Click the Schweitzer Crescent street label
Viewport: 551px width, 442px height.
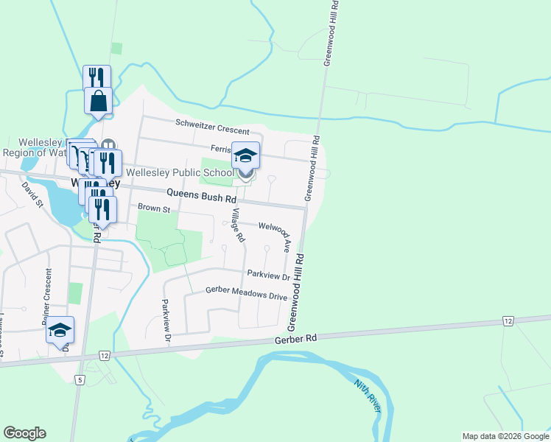pyautogui.click(x=212, y=127)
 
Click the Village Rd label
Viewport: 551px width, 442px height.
pyautogui.click(x=237, y=225)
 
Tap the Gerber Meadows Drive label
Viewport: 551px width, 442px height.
pyautogui.click(x=246, y=294)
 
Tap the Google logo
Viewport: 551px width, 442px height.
pyautogui.click(x=24, y=433)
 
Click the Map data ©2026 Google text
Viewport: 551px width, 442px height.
pyautogui.click(x=505, y=436)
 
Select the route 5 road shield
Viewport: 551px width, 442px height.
pyautogui.click(x=80, y=380)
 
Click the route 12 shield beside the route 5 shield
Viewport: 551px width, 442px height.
pyautogui.click(x=104, y=356)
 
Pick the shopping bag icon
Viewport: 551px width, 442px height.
pyautogui.click(x=98, y=101)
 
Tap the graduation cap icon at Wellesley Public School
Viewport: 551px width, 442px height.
pyautogui.click(x=245, y=155)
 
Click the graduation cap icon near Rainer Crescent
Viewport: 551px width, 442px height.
pyautogui.click(x=60, y=330)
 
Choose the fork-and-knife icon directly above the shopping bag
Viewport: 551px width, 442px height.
pyautogui.click(x=96, y=78)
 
